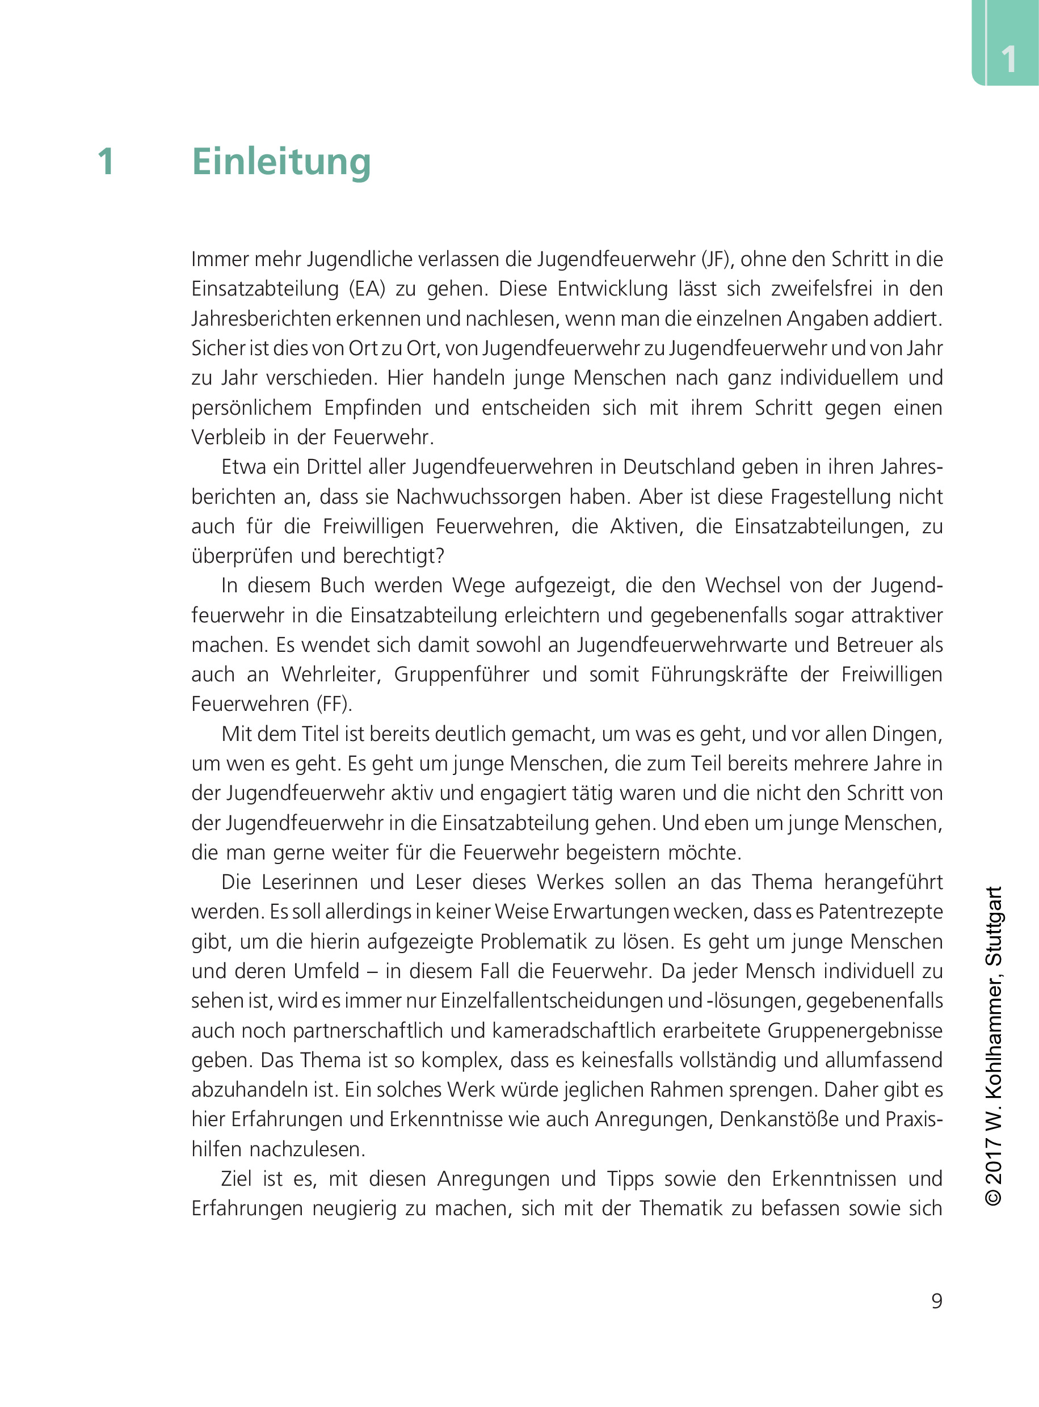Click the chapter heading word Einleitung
[x=281, y=162]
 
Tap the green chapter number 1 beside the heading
[x=106, y=162]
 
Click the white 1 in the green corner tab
[x=1008, y=60]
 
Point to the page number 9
[x=936, y=1300]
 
